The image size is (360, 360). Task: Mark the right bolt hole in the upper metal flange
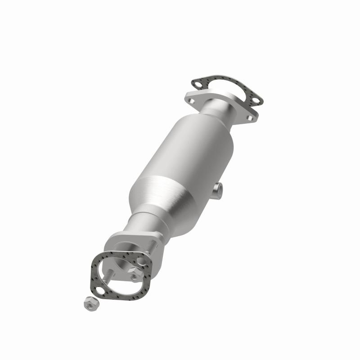pyautogui.click(x=249, y=118)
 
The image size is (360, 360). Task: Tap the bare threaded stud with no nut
pyautogui.click(x=108, y=275)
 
